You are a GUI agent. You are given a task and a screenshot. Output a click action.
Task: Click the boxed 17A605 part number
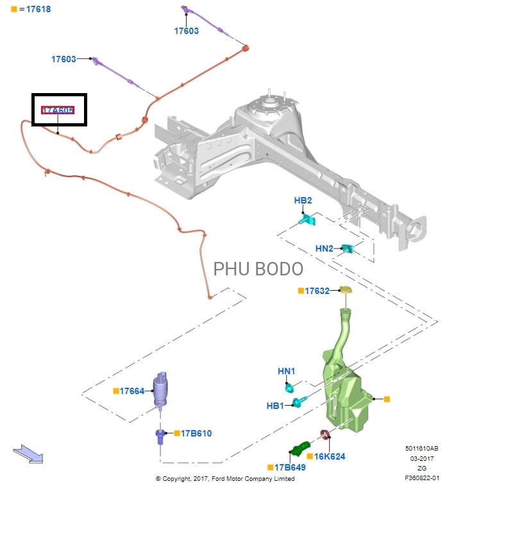(x=58, y=110)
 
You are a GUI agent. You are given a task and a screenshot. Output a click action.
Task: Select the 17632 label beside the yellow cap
(x=317, y=291)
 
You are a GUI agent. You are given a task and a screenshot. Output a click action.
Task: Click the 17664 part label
(x=132, y=391)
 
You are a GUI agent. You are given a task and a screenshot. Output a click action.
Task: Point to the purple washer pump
(x=160, y=388)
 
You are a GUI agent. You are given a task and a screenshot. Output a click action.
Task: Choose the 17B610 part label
(x=196, y=433)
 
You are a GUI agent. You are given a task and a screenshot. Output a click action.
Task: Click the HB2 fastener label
(x=303, y=201)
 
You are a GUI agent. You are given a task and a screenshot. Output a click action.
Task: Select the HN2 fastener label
(x=324, y=248)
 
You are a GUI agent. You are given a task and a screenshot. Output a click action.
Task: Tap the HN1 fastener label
(x=286, y=371)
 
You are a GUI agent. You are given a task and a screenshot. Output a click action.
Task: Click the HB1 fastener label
(x=275, y=406)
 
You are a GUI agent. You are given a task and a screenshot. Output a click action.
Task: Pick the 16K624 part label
(x=330, y=456)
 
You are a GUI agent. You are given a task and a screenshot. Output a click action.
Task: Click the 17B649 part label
(x=290, y=467)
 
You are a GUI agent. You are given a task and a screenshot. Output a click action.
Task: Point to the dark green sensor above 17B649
(x=300, y=449)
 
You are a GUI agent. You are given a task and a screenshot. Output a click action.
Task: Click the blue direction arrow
(x=28, y=454)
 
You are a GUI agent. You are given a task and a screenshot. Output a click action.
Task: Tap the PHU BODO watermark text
(x=258, y=268)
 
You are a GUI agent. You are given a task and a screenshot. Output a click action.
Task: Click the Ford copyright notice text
(x=225, y=479)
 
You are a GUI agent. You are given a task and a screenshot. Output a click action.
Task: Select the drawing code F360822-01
(x=421, y=478)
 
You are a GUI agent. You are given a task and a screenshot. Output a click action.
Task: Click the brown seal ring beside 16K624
(x=325, y=436)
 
